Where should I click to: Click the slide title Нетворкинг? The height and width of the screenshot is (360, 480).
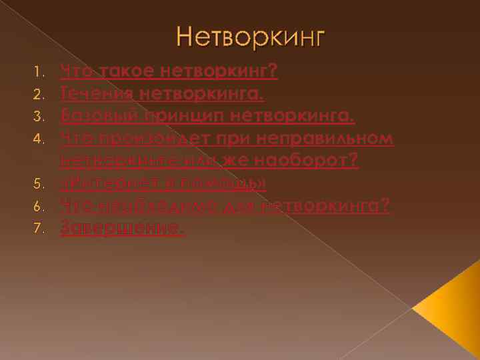(x=250, y=36)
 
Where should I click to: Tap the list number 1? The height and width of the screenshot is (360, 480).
(x=39, y=69)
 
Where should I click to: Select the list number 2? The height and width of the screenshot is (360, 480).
(x=39, y=93)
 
